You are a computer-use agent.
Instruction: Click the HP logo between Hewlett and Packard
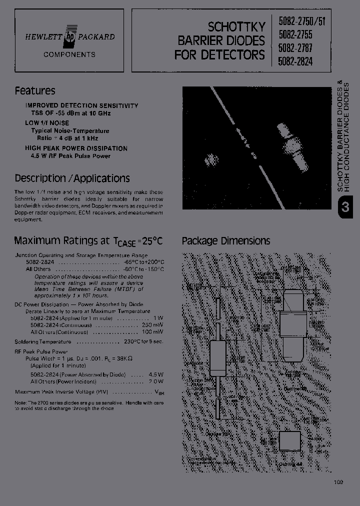pos(69,36)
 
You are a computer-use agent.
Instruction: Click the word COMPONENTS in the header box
pos(69,54)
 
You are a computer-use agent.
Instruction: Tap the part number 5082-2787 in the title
pos(295,50)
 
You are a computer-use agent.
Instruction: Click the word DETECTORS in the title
pos(233,54)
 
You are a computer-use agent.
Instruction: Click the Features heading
pos(35,91)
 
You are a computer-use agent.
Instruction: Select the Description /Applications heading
pos(72,178)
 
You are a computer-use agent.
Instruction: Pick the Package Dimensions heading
pos(226,241)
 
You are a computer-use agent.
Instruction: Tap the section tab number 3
pos(345,207)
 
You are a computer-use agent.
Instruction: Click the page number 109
pos(338,482)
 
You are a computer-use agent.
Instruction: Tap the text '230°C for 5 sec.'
pos(143,342)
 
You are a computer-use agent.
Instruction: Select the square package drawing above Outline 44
pos(290,440)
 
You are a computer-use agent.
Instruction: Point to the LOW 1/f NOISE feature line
pos(47,123)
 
